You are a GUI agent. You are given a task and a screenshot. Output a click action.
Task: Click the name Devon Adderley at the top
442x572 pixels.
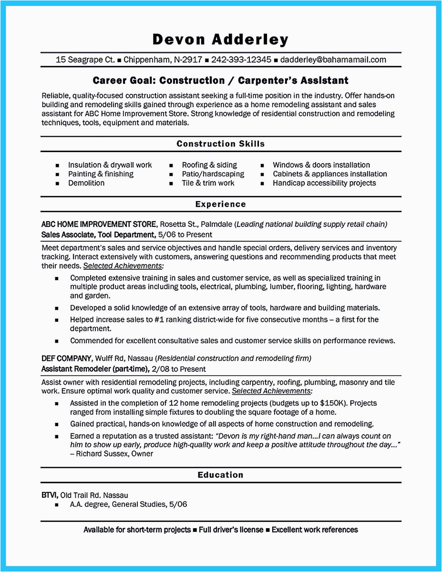[x=220, y=39]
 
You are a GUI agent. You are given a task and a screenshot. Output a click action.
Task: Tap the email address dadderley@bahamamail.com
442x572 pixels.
[x=333, y=60]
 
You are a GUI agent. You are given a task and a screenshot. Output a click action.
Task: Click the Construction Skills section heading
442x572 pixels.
[x=220, y=143]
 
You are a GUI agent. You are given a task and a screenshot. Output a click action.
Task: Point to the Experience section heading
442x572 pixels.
[x=220, y=204]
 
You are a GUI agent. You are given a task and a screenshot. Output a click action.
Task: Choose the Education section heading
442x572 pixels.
[x=220, y=475]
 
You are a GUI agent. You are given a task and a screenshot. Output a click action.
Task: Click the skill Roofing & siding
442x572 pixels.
[x=209, y=165]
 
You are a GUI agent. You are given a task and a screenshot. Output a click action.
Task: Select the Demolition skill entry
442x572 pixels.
[x=86, y=183]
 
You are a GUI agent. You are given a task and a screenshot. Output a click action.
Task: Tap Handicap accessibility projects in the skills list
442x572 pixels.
[x=324, y=183]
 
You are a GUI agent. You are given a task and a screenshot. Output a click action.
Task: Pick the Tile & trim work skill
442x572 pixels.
[x=208, y=183]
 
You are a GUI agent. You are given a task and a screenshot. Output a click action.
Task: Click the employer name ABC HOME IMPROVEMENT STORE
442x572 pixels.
[x=99, y=225]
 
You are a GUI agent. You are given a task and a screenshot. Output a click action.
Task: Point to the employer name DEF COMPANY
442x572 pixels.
[x=66, y=358]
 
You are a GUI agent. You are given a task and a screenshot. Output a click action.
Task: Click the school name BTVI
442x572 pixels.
[x=49, y=495]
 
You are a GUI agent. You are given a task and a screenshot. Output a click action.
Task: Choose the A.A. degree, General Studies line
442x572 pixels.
[x=128, y=504]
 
